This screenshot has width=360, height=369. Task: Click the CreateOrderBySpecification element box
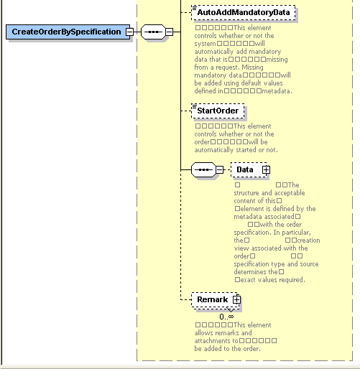[x=65, y=32]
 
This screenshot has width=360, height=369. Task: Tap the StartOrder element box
[x=218, y=111]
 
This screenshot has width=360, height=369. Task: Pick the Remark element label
[x=212, y=299]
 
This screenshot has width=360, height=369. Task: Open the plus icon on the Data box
[x=266, y=169]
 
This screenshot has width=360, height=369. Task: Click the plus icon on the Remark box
[x=235, y=299]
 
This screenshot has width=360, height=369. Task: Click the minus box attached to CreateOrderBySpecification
[x=129, y=32]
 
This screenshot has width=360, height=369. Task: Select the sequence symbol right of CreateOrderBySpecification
[x=152, y=32]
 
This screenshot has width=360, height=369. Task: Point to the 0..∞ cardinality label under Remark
[x=226, y=316]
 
